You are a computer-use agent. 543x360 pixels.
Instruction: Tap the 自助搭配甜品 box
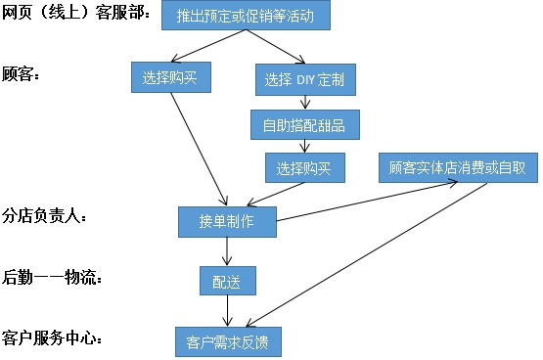[x=303, y=124]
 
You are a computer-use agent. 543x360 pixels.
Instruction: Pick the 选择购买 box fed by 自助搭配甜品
[x=304, y=167]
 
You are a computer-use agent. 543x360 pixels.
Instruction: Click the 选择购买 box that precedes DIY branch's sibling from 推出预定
[x=170, y=77]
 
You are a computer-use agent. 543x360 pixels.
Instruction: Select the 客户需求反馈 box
[x=226, y=342]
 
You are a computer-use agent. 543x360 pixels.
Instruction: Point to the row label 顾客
[x=21, y=75]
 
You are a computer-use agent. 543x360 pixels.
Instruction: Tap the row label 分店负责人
[x=45, y=217]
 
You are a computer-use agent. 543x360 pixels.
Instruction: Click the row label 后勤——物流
[x=53, y=278]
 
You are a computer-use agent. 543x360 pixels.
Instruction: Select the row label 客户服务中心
[x=53, y=339]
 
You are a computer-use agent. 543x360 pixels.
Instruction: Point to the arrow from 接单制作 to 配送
[x=227, y=250]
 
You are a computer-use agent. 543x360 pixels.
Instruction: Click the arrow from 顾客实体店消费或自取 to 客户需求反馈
[x=372, y=254]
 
